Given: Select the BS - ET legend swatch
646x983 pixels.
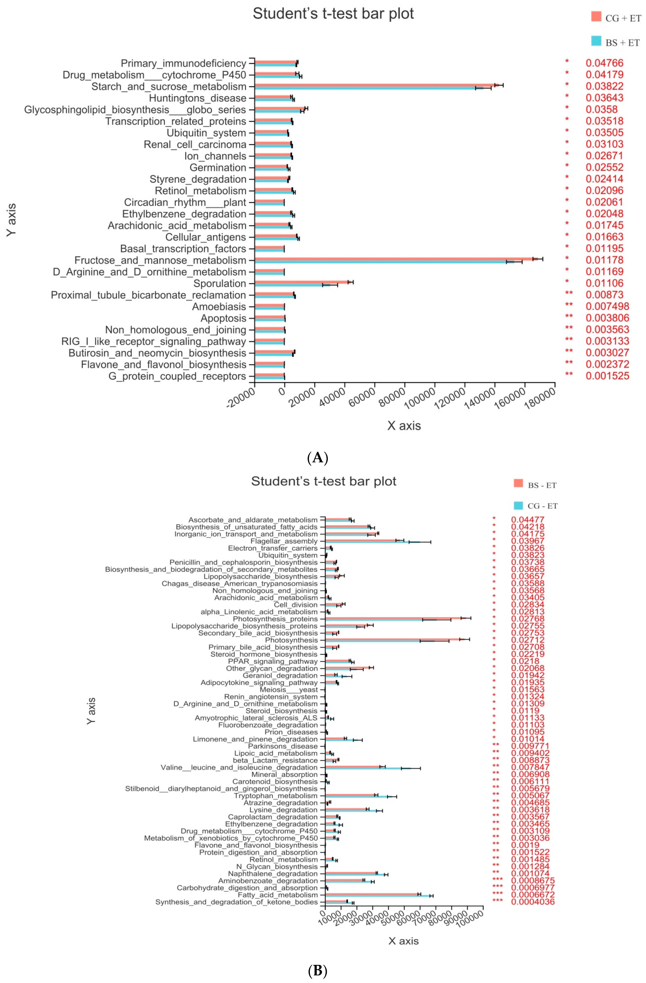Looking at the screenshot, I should click(x=518, y=483).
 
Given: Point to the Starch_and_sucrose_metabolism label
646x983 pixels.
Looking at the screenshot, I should click(x=169, y=87).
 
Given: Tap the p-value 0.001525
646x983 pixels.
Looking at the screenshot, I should click(x=607, y=376).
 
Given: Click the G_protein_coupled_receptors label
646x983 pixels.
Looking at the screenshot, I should click(x=177, y=376).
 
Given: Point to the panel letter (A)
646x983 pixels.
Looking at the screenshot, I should click(x=318, y=458).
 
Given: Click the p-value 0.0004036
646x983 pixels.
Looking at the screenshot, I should click(x=532, y=902).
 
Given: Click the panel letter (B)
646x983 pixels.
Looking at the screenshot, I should click(x=318, y=971).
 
